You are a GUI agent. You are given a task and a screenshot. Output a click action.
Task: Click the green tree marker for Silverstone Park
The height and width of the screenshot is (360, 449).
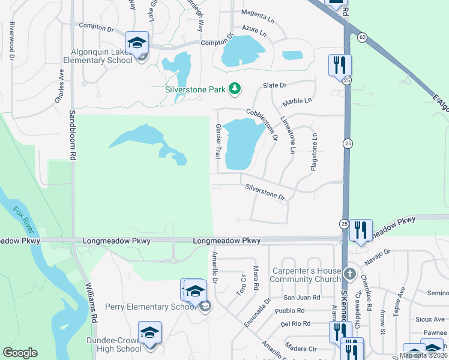pyautogui.click(x=235, y=89)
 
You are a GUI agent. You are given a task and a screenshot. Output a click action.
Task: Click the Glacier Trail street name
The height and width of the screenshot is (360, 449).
pyautogui.click(x=218, y=142)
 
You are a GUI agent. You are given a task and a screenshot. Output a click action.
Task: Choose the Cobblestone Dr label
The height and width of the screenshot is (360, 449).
pyautogui.click(x=262, y=124)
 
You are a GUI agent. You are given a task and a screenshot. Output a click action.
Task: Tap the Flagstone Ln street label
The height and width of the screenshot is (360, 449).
pyautogui.click(x=313, y=153)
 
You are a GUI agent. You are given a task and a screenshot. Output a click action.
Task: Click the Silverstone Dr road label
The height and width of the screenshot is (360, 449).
pyautogui.click(x=264, y=191)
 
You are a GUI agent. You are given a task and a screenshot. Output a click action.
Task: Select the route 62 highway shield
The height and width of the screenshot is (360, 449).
pyautogui.click(x=361, y=37)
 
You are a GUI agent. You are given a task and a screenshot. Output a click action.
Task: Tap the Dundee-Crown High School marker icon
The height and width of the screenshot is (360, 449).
pyautogui.click(x=149, y=333)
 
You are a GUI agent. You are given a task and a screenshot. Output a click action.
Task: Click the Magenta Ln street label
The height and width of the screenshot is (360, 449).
pyautogui.click(x=258, y=13)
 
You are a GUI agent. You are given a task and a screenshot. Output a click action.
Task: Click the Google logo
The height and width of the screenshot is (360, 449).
pyautogui.click(x=20, y=353)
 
